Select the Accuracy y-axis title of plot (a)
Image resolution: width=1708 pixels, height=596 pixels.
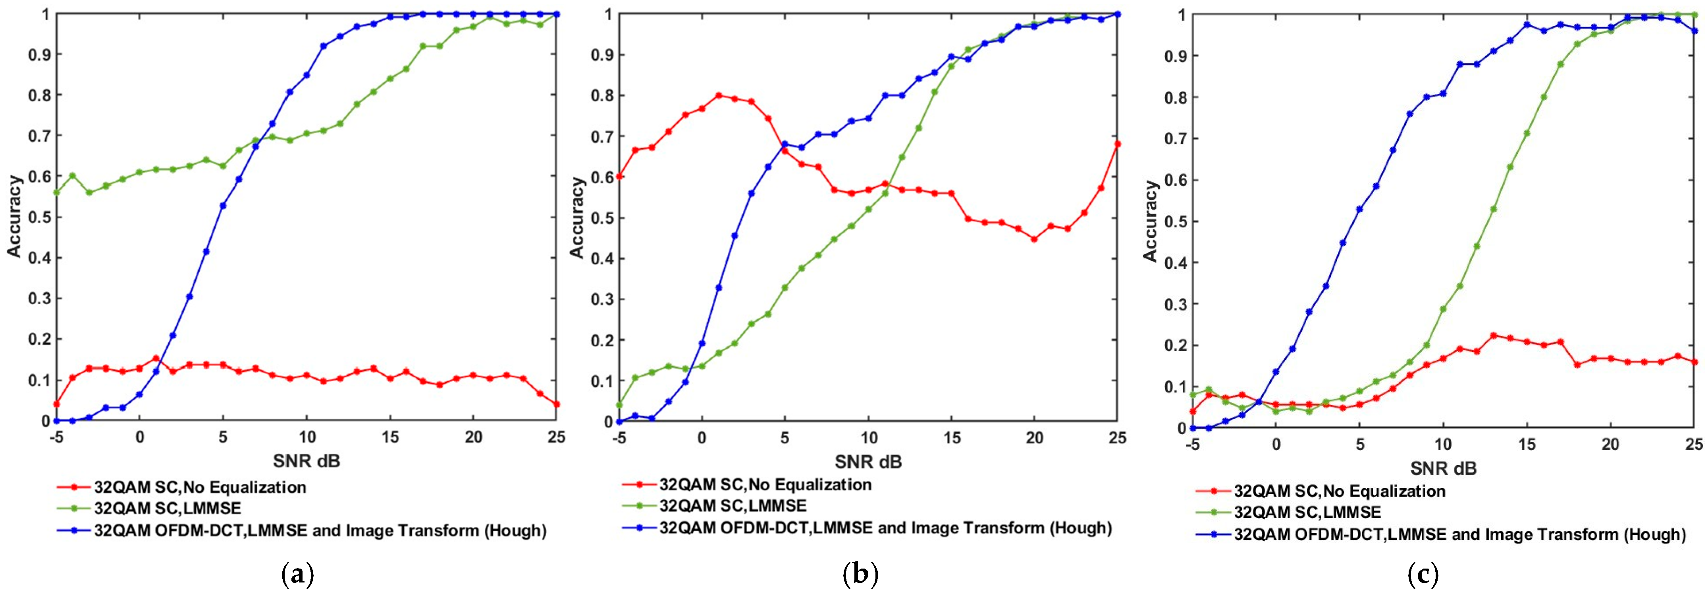[15, 216]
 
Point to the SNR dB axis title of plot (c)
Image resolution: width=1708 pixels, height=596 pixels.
[1443, 469]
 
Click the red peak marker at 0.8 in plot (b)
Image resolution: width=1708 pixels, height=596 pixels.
[719, 95]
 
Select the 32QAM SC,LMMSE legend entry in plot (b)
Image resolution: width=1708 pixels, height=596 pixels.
[733, 506]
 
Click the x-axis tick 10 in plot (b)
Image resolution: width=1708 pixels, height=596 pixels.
[868, 438]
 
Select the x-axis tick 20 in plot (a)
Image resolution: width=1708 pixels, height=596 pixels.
[473, 437]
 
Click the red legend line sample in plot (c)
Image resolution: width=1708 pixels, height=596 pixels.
[1213, 491]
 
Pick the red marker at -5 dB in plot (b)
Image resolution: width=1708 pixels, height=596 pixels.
[619, 177]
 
